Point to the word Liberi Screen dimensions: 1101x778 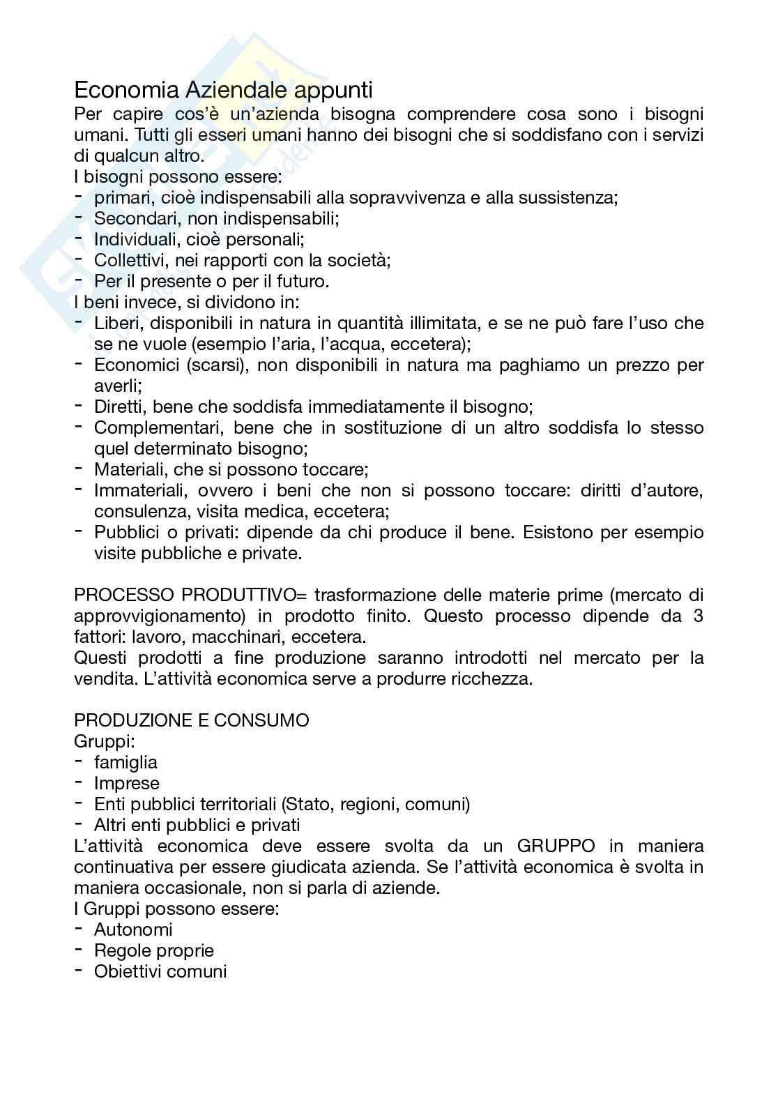point(116,323)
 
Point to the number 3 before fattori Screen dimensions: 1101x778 point(699,616)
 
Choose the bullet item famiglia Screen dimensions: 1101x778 point(125,762)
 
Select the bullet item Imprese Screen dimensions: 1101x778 point(127,783)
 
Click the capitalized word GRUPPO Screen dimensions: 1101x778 point(556,846)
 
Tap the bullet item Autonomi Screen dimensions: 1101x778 point(133,929)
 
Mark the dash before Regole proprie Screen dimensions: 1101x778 point(79,949)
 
